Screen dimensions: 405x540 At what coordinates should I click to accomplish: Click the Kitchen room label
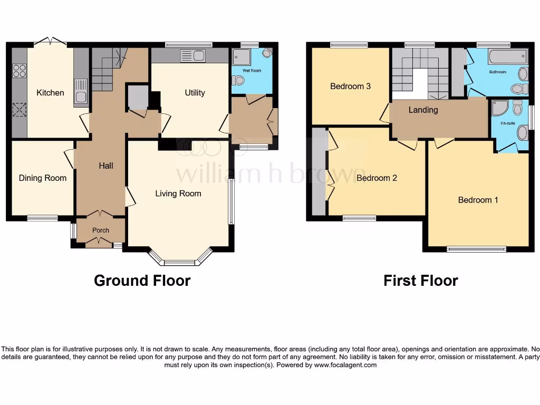point(50,93)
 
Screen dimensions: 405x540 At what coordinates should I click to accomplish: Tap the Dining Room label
point(43,178)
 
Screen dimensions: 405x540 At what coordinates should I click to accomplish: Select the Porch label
point(101,230)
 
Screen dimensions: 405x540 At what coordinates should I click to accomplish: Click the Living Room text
point(178,194)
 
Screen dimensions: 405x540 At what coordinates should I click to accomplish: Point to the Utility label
point(195,93)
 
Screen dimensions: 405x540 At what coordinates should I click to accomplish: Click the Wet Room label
point(252,71)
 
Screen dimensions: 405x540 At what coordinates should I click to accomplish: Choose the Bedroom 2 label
point(377,178)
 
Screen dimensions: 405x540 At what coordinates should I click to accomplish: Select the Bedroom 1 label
point(478,200)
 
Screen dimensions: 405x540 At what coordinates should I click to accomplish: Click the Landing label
point(423,110)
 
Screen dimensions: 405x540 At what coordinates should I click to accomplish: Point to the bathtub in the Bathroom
point(507,57)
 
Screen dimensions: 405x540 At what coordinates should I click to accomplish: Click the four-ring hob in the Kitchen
point(20,70)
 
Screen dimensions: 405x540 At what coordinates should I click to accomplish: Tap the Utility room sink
point(192,55)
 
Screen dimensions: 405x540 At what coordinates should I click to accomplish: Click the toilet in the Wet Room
point(238,81)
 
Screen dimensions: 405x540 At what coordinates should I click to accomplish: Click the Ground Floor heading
point(142,281)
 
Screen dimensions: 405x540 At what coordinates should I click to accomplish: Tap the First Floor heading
point(420,281)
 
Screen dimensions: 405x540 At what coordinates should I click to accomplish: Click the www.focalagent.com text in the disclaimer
point(345,365)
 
